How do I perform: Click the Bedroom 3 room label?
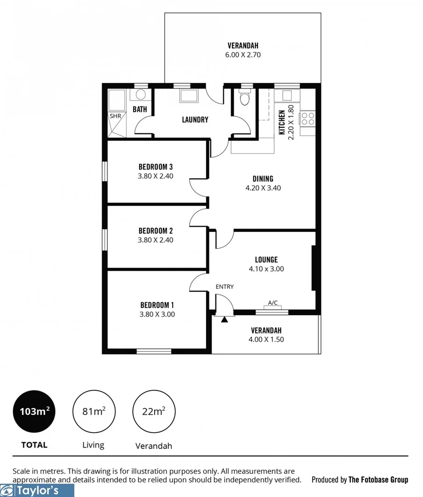(x=155, y=167)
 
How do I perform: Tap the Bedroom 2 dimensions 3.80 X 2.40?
(x=155, y=240)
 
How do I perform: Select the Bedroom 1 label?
(x=157, y=305)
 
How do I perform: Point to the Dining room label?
(x=263, y=179)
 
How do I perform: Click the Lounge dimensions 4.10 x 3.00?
(x=266, y=269)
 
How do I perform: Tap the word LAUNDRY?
(x=195, y=120)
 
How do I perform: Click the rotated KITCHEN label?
(x=282, y=122)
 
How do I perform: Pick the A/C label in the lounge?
(x=272, y=302)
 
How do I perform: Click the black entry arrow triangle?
(x=224, y=319)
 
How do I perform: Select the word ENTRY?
(x=225, y=287)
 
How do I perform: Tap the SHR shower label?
(x=115, y=116)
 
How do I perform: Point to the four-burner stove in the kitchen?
(x=307, y=119)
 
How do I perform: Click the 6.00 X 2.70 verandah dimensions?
(x=243, y=55)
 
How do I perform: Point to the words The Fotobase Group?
(x=378, y=480)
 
